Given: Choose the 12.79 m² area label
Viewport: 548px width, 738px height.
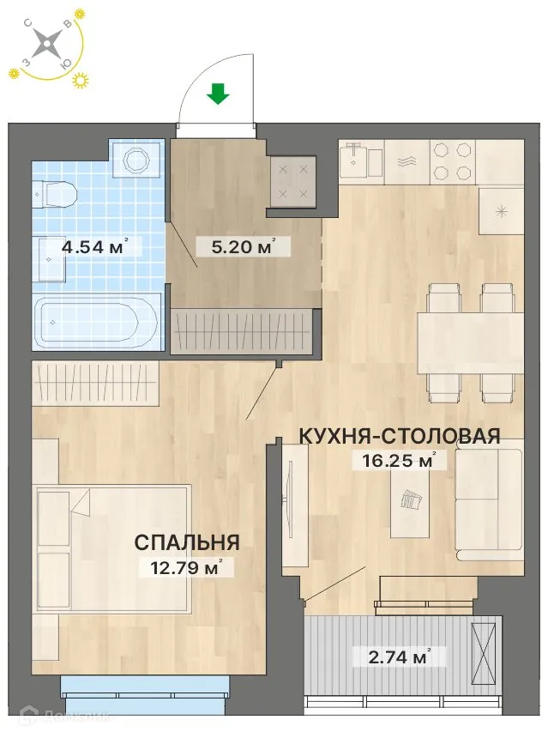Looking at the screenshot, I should (x=185, y=566).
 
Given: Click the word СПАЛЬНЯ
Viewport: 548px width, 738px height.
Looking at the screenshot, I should (x=186, y=542).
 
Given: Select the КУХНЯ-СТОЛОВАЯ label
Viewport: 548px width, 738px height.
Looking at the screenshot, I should (x=399, y=436).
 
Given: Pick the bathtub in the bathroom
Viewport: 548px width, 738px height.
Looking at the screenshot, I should (x=95, y=322).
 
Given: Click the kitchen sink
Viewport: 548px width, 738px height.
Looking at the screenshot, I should (x=359, y=160).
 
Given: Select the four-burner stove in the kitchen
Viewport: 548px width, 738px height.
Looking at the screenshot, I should (x=451, y=160).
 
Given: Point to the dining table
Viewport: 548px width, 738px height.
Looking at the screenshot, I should (x=470, y=342).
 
